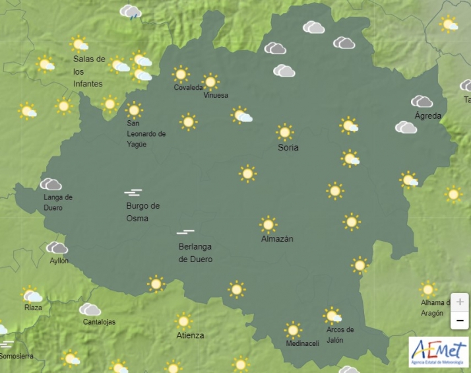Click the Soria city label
tap(288, 147)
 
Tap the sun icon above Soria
tap(285, 131)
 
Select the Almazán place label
tap(277, 239)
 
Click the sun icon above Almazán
tap(268, 224)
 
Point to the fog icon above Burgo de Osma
tap(133, 193)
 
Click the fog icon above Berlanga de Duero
tap(185, 232)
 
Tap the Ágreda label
tap(428, 116)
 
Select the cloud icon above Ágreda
tap(422, 102)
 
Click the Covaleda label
tap(188, 88)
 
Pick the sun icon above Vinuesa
tap(210, 82)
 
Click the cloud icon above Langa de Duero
tap(51, 184)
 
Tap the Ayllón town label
tap(59, 261)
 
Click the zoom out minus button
tap(460, 321)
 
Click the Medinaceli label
tap(303, 343)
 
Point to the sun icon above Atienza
tap(184, 321)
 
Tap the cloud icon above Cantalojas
tap(90, 309)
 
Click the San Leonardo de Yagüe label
tap(146, 134)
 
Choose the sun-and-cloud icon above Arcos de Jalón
tap(332, 316)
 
